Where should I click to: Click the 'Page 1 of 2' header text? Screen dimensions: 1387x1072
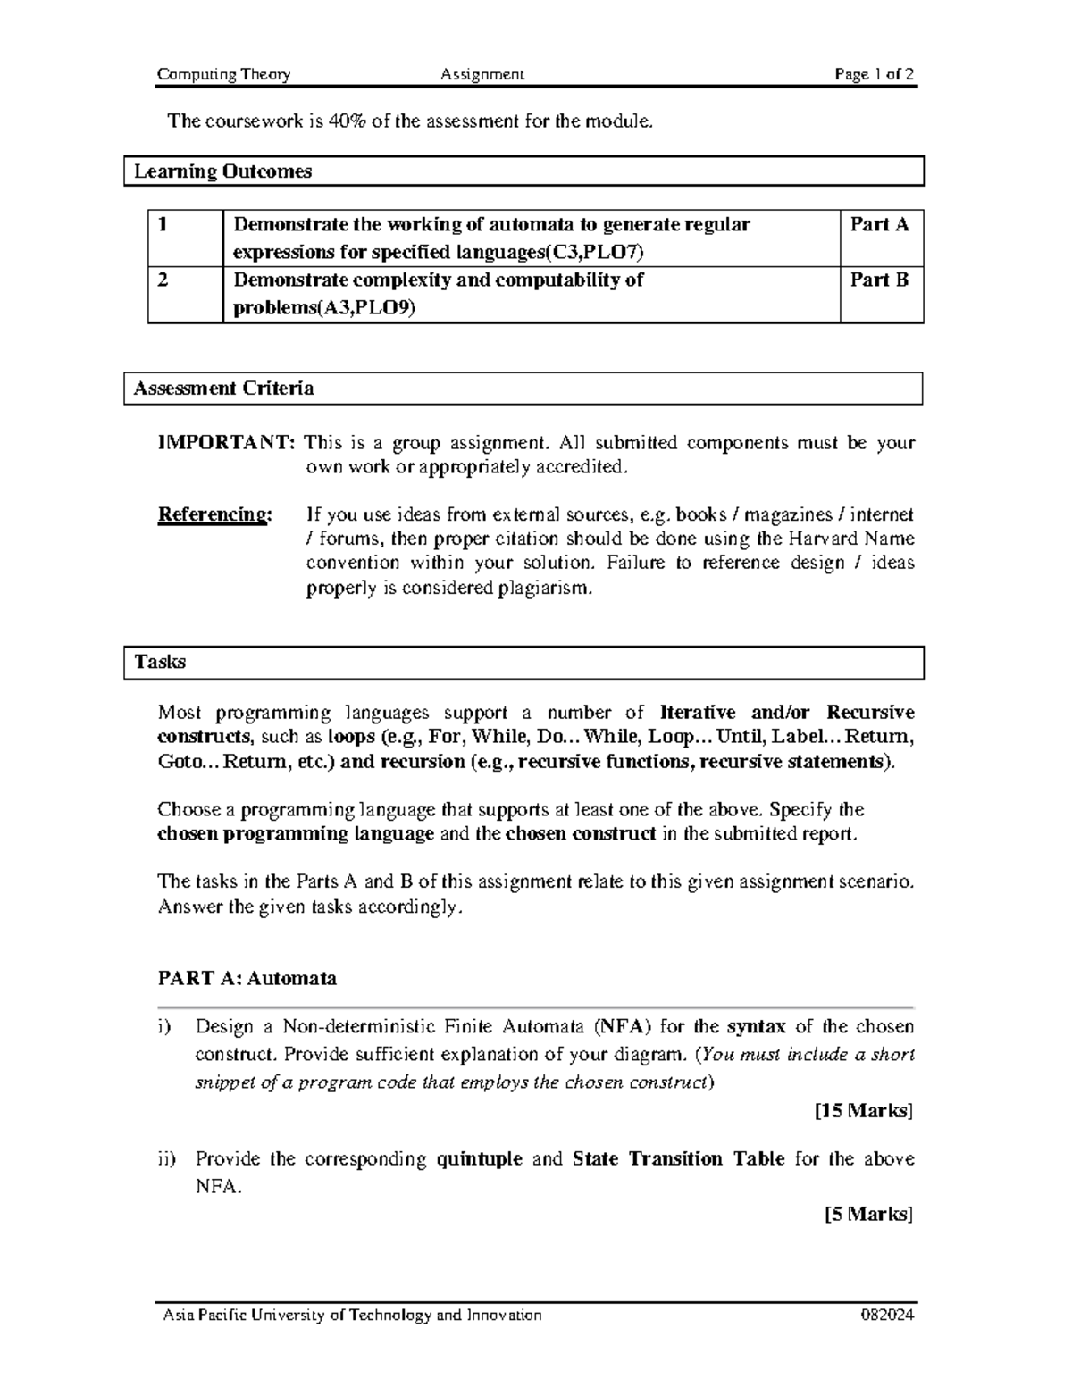click(x=874, y=75)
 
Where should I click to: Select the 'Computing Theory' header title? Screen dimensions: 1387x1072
click(x=223, y=75)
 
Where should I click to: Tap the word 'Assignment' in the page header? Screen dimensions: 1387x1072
click(x=482, y=75)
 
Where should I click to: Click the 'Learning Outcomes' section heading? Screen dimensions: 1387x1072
click(x=222, y=171)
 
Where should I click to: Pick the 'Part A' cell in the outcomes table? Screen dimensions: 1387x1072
click(x=879, y=225)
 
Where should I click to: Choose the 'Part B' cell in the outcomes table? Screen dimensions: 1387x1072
click(x=879, y=280)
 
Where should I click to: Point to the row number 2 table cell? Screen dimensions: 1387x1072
click(x=163, y=280)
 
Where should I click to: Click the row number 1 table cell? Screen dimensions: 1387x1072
click(x=163, y=225)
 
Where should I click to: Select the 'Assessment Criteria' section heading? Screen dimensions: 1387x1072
click(x=223, y=389)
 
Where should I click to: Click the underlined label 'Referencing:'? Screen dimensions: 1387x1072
click(x=214, y=515)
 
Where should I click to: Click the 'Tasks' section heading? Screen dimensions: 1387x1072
click(x=160, y=663)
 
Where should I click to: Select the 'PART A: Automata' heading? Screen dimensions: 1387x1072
click(x=247, y=979)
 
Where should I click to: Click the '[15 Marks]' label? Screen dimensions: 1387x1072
click(x=863, y=1111)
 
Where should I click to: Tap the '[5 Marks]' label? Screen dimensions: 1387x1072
click(x=867, y=1215)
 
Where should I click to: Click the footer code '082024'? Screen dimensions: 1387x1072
click(x=887, y=1316)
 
